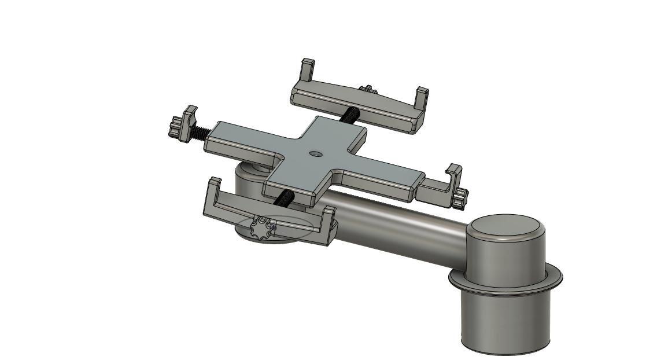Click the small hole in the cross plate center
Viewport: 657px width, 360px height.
[315, 154]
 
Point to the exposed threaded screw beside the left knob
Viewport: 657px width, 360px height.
[198, 133]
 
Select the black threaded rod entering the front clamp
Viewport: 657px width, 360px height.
[285, 199]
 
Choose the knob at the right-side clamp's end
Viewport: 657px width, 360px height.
[460, 200]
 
